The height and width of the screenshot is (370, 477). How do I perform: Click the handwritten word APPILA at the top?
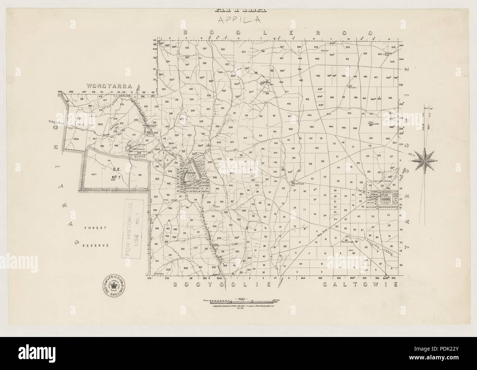pyautogui.click(x=239, y=20)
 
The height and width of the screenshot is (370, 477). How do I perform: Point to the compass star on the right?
pyautogui.click(x=426, y=159)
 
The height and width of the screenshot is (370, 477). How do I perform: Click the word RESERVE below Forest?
pyautogui.click(x=96, y=245)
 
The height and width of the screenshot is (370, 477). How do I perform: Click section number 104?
pyautogui.click(x=316, y=148)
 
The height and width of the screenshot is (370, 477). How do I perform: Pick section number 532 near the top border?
pyautogui.click(x=187, y=48)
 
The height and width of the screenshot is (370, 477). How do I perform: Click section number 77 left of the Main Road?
pyautogui.click(x=305, y=210)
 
